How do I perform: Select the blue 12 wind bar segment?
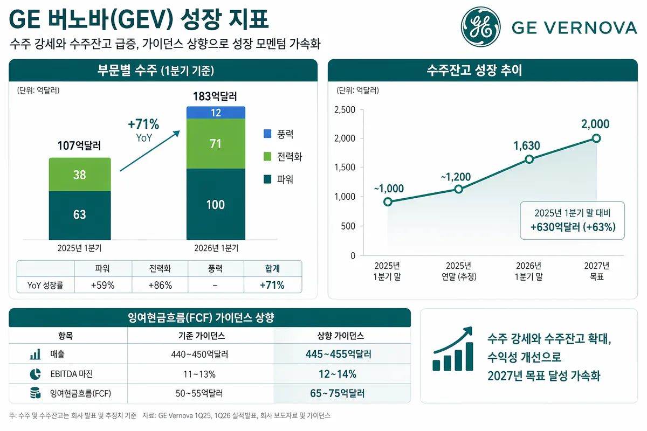pos(216,113)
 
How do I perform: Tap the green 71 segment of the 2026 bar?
pos(216,143)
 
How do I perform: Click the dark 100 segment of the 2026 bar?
pos(216,204)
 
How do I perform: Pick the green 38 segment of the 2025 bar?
pos(79,175)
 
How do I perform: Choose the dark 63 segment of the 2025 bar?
pos(79,214)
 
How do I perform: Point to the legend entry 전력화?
pos(289,157)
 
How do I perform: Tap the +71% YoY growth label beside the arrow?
pos(143,125)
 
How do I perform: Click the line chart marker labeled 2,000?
pos(596,138)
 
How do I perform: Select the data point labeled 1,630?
pos(529,159)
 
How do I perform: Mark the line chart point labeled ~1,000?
pos(388,201)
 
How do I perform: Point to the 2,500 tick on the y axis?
pos(345,110)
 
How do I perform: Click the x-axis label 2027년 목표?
pos(596,271)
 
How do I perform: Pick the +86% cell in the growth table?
pos(160,286)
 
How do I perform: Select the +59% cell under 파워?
pos(102,286)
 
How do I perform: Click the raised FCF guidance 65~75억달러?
pos(337,393)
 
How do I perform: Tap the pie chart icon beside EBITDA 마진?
pos(35,374)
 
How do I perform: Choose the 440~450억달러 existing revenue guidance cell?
pos(202,354)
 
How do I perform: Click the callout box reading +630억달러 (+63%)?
pos(573,221)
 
